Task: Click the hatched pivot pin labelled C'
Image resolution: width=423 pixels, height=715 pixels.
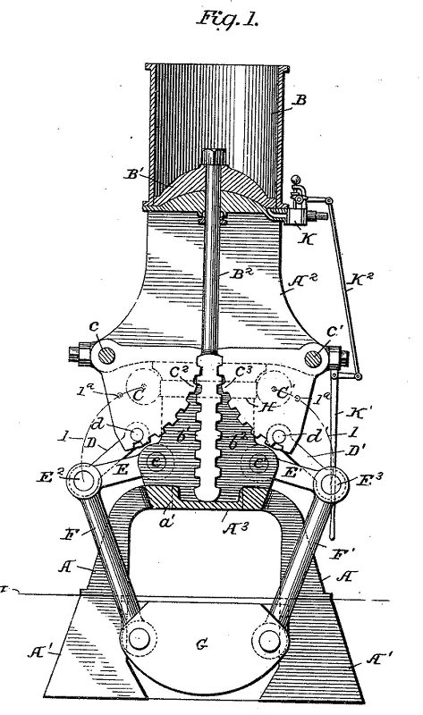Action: (313, 357)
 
